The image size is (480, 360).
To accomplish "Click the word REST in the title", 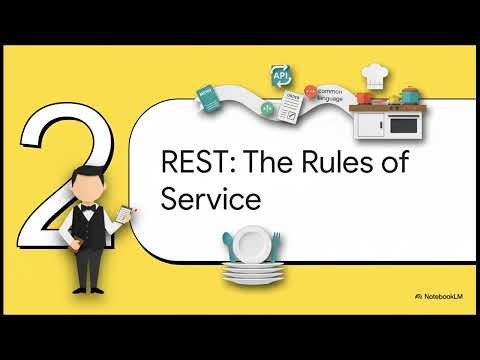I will (x=194, y=164).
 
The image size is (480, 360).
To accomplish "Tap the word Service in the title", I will (x=211, y=198).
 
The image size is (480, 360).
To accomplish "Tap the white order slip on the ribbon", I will (x=293, y=111).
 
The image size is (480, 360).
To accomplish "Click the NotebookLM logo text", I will (x=444, y=297).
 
